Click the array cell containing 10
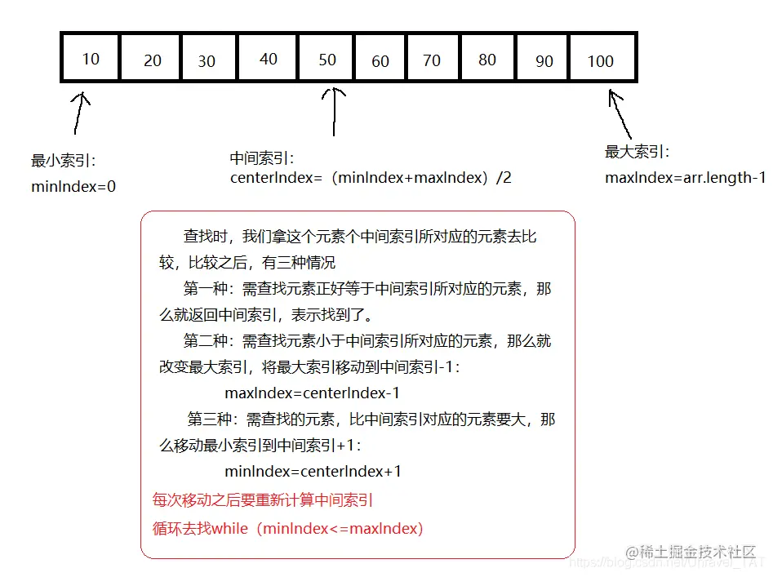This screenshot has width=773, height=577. click(91, 58)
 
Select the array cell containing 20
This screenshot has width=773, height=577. click(151, 59)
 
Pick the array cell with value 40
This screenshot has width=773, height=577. click(269, 59)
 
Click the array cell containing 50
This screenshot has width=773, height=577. click(327, 59)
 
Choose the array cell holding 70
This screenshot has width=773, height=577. click(433, 59)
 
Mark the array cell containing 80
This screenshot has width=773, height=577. click(487, 59)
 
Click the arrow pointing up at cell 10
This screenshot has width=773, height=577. click(79, 112)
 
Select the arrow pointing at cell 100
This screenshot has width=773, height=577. click(620, 113)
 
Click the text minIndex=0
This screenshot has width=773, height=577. click(73, 187)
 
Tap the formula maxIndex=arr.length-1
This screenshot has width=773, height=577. click(685, 177)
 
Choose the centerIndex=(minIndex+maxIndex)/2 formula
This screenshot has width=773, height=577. click(371, 177)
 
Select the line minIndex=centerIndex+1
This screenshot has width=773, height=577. click(313, 472)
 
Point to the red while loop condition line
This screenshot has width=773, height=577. click(288, 528)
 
